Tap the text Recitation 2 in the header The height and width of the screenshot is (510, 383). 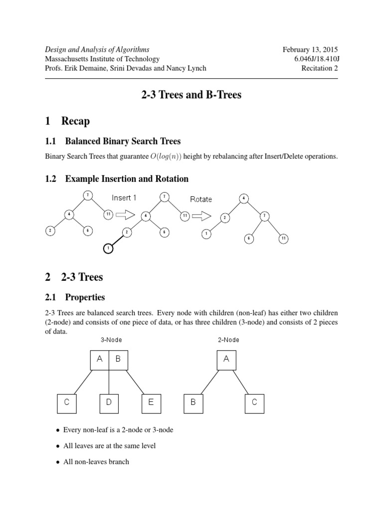point(319,68)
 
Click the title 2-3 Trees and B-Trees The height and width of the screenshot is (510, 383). point(191,95)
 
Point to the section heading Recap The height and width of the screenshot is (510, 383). point(75,121)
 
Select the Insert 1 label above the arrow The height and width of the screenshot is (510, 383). point(125,198)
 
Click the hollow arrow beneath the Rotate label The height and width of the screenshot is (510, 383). point(200,216)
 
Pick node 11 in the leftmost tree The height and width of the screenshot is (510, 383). point(108,214)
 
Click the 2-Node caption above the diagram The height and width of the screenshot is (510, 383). point(229,340)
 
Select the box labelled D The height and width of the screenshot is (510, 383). point(109,402)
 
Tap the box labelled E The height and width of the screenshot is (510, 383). point(151,402)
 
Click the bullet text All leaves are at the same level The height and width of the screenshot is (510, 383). point(110,446)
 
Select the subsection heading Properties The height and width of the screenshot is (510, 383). point(85,297)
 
